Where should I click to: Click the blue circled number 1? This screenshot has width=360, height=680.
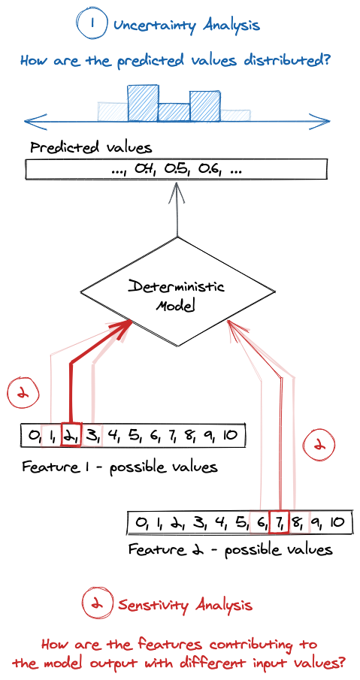(92, 25)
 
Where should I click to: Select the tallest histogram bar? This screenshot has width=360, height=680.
(143, 103)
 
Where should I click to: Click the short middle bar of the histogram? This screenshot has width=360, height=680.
(174, 112)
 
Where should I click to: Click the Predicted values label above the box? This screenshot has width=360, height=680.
(91, 147)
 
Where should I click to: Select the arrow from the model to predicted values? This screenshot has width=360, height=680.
(177, 209)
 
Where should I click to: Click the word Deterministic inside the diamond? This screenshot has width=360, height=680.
(176, 289)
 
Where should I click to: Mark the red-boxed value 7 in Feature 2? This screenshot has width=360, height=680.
(279, 521)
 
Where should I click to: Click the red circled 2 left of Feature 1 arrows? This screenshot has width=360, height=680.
(23, 394)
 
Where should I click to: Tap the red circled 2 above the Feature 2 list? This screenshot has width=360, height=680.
(319, 446)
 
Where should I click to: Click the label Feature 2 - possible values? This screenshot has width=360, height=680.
(231, 550)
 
